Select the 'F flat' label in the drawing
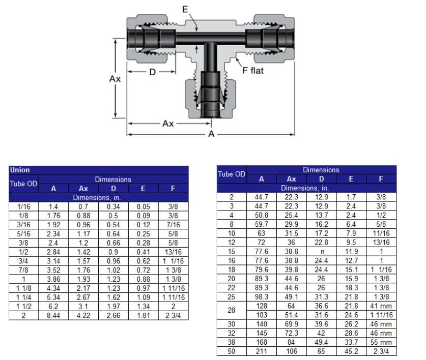click(x=253, y=71)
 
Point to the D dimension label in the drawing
click(x=152, y=72)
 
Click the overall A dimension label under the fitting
click(x=211, y=134)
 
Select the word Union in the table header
click(x=20, y=170)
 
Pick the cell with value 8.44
click(x=53, y=316)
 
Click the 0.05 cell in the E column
click(x=143, y=206)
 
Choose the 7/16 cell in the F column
click(x=173, y=224)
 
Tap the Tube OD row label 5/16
click(x=24, y=233)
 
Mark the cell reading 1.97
click(x=113, y=307)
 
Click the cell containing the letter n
click(x=321, y=252)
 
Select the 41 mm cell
click(x=381, y=306)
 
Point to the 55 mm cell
click(x=381, y=342)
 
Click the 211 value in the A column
click(x=262, y=351)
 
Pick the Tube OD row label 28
click(x=232, y=311)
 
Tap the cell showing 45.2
click(x=351, y=351)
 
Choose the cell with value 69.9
click(x=291, y=324)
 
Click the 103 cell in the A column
click(x=262, y=315)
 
